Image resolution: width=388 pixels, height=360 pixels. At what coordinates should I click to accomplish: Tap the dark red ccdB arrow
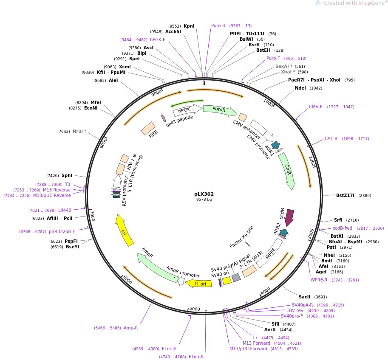point(289,217)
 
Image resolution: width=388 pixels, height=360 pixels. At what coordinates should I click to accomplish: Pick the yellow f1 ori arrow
point(199,283)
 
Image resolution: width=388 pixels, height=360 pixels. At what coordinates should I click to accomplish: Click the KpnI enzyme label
point(189,26)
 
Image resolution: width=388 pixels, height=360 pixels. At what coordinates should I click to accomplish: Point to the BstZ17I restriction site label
point(346,196)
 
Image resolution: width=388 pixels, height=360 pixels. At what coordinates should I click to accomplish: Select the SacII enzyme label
point(304,297)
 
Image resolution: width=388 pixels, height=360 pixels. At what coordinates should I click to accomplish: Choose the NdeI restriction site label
point(300,88)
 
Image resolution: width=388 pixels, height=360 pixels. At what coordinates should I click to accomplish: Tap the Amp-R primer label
point(130,328)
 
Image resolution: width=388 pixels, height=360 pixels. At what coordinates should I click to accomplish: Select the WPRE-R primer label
point(319,280)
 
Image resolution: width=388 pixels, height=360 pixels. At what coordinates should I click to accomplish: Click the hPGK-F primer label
point(157,39)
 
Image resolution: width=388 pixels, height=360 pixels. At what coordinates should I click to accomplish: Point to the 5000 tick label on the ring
point(195,309)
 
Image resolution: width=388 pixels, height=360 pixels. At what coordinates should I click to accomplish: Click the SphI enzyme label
point(67,175)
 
